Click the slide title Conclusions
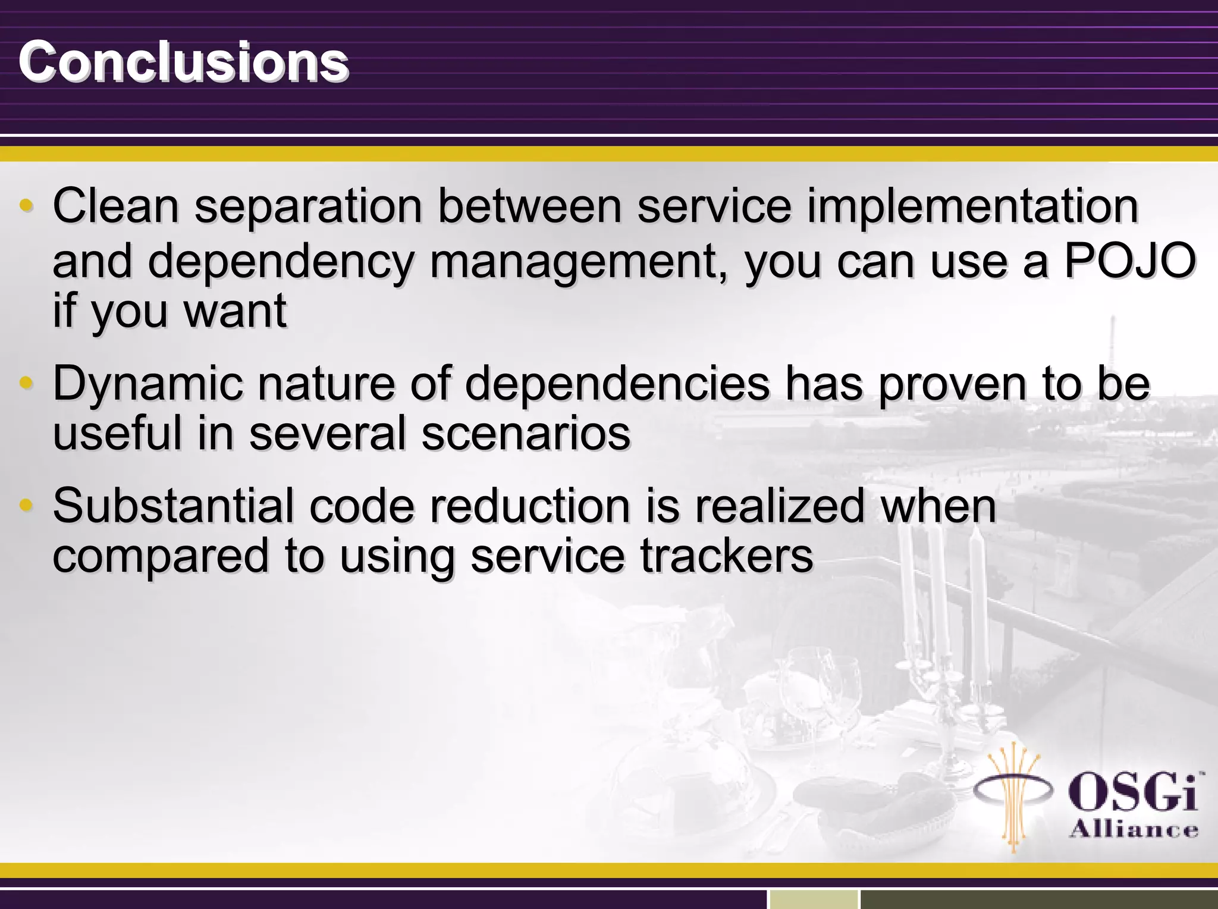183,62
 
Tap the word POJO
1129,261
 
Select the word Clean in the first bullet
116,206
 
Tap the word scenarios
526,433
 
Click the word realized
779,506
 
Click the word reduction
530,506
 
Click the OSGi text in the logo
1134,792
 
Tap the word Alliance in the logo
1134,829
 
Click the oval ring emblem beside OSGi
1013,791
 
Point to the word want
236,311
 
